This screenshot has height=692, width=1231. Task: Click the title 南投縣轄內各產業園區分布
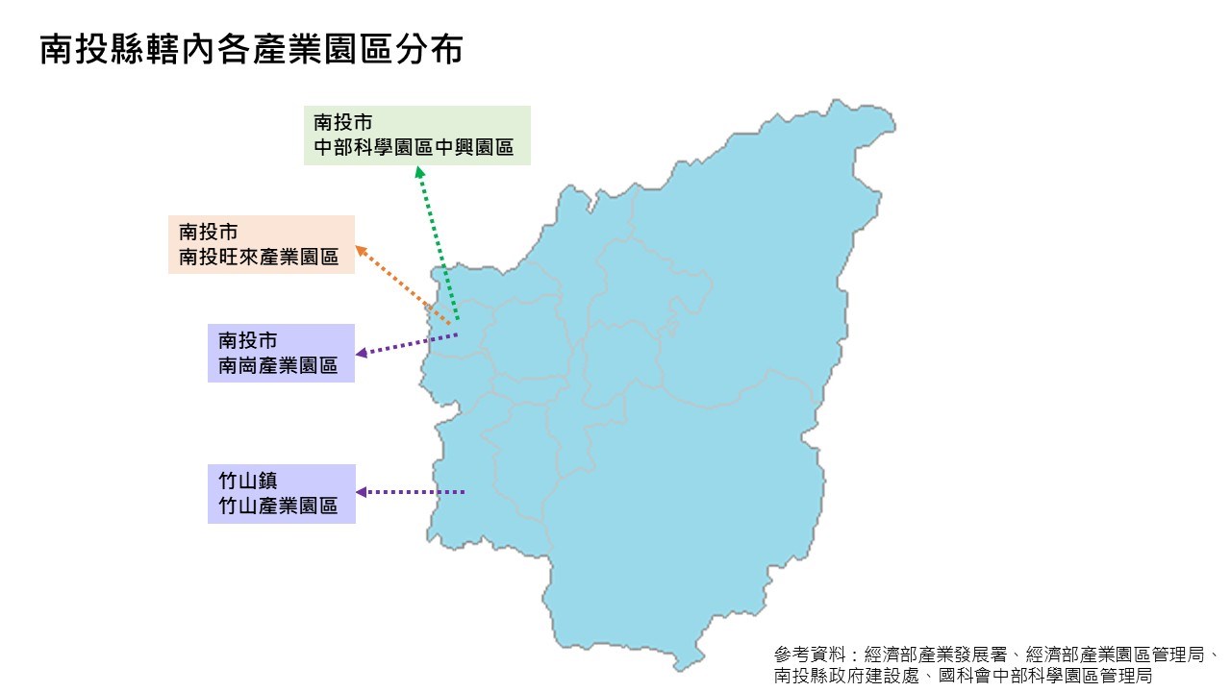point(252,49)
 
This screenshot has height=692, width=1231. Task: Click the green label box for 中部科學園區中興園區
point(417,136)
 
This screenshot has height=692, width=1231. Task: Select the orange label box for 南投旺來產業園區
point(262,244)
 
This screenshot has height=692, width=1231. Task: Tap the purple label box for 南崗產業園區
point(281,353)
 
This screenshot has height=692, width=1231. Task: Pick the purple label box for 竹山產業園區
point(282,494)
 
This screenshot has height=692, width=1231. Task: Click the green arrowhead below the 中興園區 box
point(420,172)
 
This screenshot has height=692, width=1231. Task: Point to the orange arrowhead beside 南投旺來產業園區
point(361,251)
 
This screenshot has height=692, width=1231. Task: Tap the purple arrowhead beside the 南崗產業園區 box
point(362,353)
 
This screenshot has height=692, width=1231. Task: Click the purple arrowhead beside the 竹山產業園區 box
point(362,492)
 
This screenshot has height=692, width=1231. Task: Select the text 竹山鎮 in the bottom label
point(248,481)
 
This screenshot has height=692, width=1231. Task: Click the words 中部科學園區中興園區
point(414,147)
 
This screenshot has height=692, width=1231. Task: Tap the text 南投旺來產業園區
point(259,257)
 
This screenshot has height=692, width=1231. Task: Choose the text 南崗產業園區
point(278,365)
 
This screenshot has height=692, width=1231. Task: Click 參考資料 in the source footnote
point(810,655)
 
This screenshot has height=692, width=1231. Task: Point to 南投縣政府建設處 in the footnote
point(846,676)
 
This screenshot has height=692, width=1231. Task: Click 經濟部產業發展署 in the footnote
point(936,655)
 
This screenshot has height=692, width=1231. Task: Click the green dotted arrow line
point(439,243)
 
